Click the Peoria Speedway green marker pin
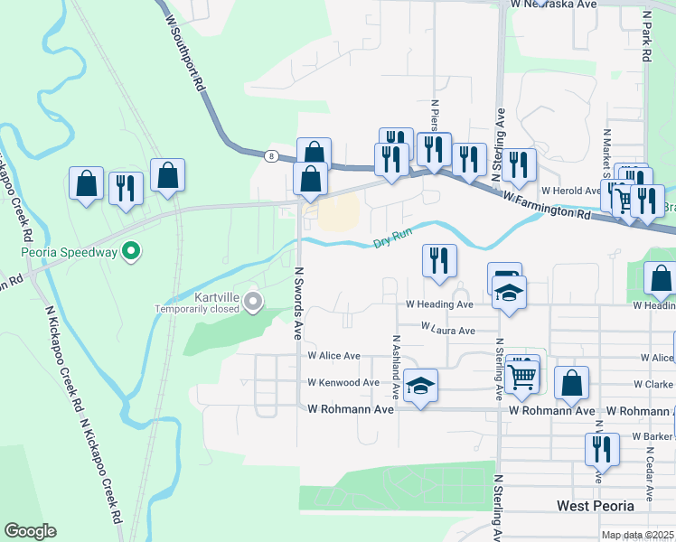click(132, 251)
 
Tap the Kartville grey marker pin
click(252, 301)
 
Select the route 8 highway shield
click(271, 155)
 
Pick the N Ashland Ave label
click(396, 367)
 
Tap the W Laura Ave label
click(447, 332)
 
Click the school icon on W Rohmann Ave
click(420, 386)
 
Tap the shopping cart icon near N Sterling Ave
click(522, 375)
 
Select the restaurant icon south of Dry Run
click(439, 261)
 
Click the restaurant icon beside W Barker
click(601, 449)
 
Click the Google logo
click(30, 531)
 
